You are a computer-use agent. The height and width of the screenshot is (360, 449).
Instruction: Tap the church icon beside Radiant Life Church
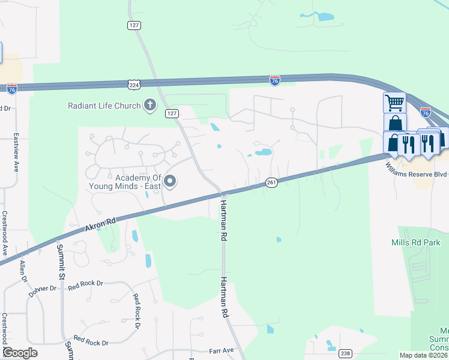pyautogui.click(x=149, y=106)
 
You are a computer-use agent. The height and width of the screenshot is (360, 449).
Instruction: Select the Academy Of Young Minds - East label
pyautogui.click(x=139, y=181)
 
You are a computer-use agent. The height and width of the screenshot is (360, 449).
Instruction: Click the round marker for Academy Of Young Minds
pyautogui.click(x=170, y=181)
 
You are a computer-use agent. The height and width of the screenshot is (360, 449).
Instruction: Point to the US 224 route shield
pyautogui.click(x=134, y=85)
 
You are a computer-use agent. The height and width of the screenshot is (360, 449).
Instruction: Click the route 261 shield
pyautogui.click(x=271, y=182)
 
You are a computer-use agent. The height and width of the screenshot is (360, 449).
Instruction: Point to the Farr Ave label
pyautogui.click(x=221, y=350)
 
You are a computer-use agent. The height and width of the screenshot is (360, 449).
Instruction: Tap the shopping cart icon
pyautogui.click(x=394, y=103)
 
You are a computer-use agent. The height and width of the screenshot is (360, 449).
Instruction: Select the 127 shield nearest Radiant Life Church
pyautogui.click(x=172, y=113)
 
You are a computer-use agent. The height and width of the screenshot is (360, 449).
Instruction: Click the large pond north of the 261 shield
pyautogui.click(x=263, y=152)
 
